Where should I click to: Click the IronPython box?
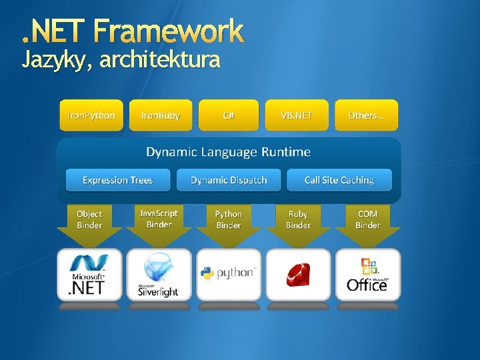(91, 115)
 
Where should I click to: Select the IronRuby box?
(161, 115)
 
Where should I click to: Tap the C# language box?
(229, 115)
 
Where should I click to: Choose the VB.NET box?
(297, 115)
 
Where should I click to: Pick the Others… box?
(366, 115)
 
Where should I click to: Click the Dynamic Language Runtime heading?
(229, 152)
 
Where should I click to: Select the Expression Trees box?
(118, 180)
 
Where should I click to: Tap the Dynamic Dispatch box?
(229, 180)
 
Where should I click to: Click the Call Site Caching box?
(339, 180)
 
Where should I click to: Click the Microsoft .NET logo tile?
(89, 275)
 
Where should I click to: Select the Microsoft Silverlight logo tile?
(159, 275)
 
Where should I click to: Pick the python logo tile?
(229, 274)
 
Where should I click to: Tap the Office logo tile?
(367, 275)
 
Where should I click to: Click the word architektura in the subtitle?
(159, 60)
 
